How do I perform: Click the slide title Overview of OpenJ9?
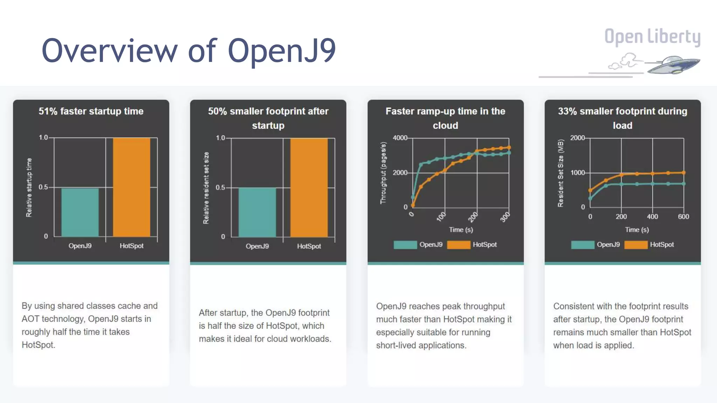188,51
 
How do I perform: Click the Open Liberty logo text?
652,37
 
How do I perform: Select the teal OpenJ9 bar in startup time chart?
80,212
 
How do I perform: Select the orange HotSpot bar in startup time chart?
131,187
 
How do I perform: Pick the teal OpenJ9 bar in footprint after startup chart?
257,212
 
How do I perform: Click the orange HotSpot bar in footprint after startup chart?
309,188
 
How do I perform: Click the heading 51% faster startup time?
91,111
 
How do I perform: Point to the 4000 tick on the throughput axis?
400,138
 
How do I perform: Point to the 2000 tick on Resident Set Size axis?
577,138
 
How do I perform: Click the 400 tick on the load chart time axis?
652,217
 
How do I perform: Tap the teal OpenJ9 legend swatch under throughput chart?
405,245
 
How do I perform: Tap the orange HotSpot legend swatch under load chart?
636,245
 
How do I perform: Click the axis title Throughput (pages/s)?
383,173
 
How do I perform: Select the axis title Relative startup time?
29,188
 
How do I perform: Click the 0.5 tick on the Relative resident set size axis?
220,188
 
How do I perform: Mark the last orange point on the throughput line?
509,148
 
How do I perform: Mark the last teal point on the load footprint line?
683,184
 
